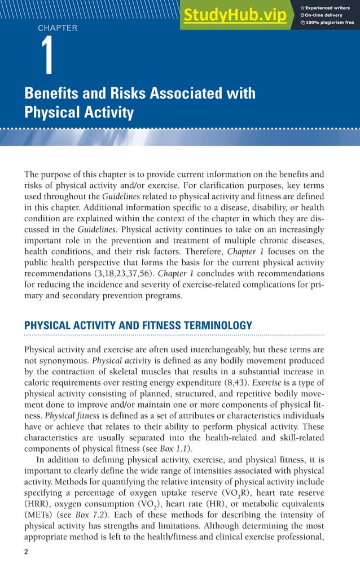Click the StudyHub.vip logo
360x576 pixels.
pos(234,16)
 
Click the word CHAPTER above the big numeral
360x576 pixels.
pos(58,28)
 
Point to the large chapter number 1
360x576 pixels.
pos(49,57)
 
